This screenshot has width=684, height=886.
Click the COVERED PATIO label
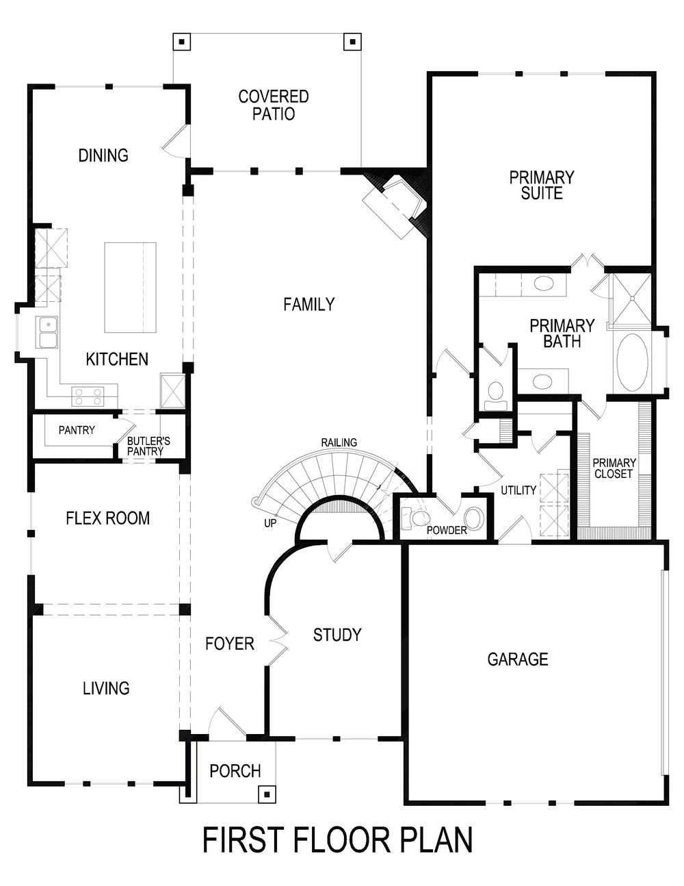click(x=273, y=105)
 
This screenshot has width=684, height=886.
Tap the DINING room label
click(x=103, y=155)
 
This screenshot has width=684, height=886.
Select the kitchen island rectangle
click(x=130, y=287)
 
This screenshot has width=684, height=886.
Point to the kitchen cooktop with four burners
click(x=88, y=396)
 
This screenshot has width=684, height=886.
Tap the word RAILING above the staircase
click(x=339, y=442)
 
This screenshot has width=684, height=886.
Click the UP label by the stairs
click(x=270, y=523)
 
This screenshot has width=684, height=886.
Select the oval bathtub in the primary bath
click(x=632, y=362)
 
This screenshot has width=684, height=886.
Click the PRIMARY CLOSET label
click(x=614, y=468)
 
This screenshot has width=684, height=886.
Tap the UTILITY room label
click(x=518, y=490)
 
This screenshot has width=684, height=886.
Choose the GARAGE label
click(x=517, y=659)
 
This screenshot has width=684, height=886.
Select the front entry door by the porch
click(x=226, y=723)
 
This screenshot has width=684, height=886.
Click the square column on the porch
click(x=266, y=794)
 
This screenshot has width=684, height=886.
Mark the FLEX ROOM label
click(x=107, y=518)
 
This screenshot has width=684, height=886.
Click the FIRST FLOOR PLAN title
click(x=337, y=840)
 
